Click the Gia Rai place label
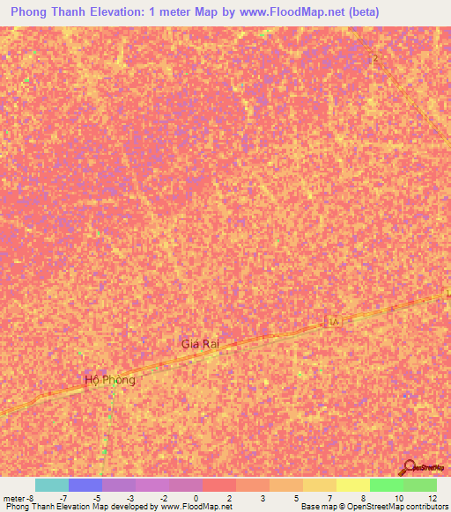point(200,344)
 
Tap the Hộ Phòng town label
point(110,380)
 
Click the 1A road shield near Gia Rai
point(335,323)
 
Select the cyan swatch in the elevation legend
point(52,485)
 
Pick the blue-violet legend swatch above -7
point(85,485)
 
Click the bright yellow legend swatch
point(353,485)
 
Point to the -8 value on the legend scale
point(33,498)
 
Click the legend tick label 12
point(433,498)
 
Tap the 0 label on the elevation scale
point(196,498)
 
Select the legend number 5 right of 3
point(297,498)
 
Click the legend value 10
point(399,498)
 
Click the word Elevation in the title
point(129,12)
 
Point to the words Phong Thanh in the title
point(53,12)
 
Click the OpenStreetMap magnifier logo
point(410,467)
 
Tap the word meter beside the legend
point(15,498)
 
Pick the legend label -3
point(129,498)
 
